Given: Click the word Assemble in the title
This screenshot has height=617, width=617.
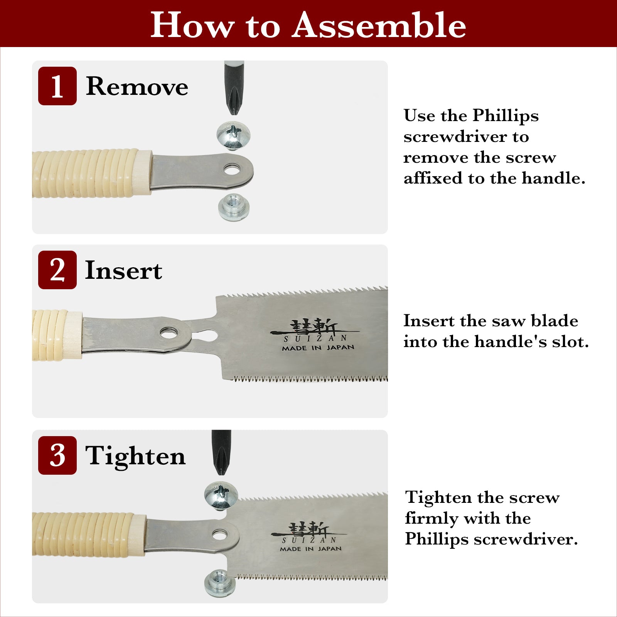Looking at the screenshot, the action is click(x=379, y=25).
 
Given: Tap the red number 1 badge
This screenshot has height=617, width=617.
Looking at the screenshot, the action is click(x=57, y=86).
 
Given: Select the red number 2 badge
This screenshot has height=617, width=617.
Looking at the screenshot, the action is click(x=57, y=270).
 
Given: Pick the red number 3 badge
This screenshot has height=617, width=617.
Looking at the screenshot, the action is click(x=57, y=455).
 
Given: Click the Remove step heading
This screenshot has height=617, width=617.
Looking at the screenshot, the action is click(x=137, y=86).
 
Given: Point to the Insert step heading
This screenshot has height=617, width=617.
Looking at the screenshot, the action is click(x=123, y=270).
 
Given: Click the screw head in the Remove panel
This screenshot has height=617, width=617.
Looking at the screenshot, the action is click(x=233, y=135).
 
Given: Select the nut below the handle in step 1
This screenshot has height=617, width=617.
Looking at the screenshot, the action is click(x=234, y=207).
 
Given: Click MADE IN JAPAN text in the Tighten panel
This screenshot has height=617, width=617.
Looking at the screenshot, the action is click(x=311, y=548).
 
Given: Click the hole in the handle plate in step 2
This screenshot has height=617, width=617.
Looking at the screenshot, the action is click(x=170, y=333).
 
